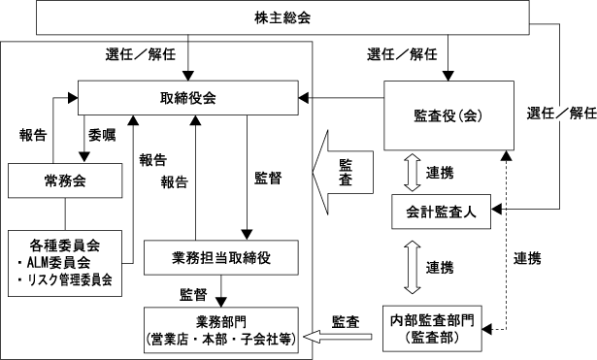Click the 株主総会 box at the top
[282, 17]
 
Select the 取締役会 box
[188, 98]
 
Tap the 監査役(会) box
[448, 115]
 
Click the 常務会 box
[65, 180]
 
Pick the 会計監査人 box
[442, 212]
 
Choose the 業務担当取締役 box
[220, 258]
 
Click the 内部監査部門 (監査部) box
[432, 328]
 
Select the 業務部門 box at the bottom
[220, 330]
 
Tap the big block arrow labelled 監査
[343, 173]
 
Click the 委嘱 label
[102, 135]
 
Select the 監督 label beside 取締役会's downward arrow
[268, 179]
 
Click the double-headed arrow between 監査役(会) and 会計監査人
[413, 173]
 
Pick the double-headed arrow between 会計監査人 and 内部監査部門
[413, 267]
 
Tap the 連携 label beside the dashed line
[527, 258]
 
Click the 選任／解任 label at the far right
[562, 113]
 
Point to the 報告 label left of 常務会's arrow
[33, 135]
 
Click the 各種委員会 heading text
[65, 245]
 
